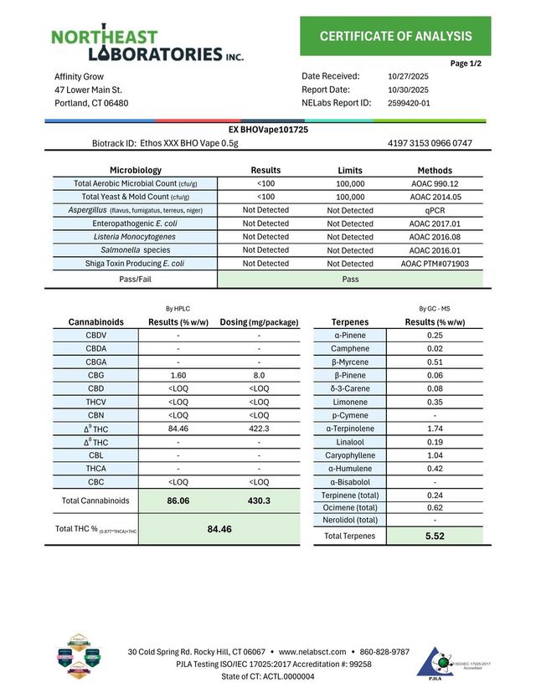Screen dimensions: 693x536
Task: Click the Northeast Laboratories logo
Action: point(147,45)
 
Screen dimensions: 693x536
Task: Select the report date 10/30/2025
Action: point(409,90)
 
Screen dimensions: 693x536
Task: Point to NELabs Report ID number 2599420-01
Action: point(410,103)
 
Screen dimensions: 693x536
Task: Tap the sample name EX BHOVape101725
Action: point(268,131)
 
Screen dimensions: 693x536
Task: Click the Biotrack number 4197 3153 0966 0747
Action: point(430,143)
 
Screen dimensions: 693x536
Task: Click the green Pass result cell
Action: point(350,279)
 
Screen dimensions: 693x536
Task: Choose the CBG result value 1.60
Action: point(178,376)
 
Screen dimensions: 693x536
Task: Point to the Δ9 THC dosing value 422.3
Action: point(260,429)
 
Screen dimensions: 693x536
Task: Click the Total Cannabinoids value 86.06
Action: point(178,500)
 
